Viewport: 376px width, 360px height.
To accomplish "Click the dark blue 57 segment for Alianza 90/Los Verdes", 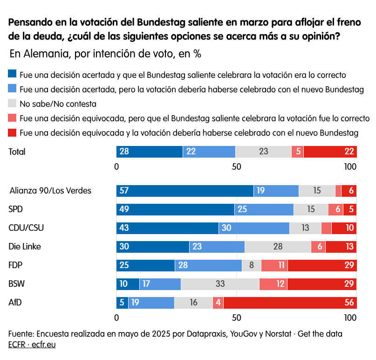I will point(185,191).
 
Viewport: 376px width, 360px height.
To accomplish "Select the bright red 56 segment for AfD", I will point(290,303).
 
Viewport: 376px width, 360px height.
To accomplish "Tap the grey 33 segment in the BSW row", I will point(220,284).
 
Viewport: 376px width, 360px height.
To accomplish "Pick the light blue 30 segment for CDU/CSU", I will point(254,228).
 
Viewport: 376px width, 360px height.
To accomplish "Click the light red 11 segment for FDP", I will point(274,265).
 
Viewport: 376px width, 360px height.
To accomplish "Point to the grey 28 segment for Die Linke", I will point(278,247).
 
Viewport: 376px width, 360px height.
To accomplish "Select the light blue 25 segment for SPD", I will point(264,209).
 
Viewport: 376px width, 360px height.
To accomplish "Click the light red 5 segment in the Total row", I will point(297,152).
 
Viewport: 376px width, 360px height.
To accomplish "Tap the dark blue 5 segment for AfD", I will point(122,303).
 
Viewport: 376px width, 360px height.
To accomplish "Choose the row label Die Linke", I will point(25,247).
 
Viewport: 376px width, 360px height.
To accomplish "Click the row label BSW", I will point(17,284).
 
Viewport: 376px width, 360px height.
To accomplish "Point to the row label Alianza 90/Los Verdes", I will point(50,191).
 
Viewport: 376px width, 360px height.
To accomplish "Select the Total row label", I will point(17,152).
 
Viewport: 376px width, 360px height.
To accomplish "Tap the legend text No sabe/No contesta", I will point(58,104).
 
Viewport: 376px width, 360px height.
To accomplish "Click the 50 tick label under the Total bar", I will point(236,167).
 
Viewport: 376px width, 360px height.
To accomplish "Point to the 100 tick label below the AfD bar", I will point(350,318).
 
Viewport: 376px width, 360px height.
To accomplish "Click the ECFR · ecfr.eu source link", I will point(32,345).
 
